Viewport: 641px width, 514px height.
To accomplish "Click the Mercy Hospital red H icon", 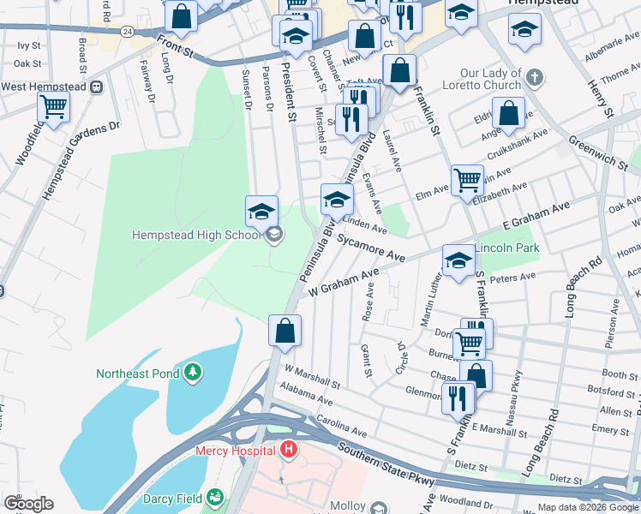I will click(290, 450).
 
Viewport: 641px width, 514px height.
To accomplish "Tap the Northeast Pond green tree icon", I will click(195, 373).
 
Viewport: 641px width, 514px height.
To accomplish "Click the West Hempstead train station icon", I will click(97, 87).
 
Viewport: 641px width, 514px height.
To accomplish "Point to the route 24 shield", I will click(127, 31).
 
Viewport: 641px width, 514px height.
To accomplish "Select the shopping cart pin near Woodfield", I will click(53, 107).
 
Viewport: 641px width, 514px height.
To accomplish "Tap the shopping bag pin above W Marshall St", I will click(285, 330).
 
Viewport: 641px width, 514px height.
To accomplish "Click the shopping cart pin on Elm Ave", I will click(467, 180).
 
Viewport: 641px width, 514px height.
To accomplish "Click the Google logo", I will click(29, 504).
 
